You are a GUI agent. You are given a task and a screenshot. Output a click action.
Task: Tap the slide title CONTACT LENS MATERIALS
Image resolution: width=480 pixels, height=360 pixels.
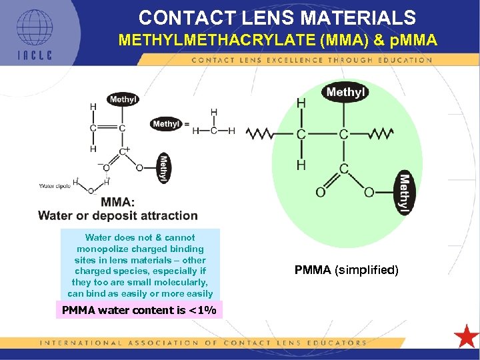tap(277, 17)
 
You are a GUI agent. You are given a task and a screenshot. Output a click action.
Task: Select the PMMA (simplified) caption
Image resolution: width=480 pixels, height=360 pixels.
tap(346, 270)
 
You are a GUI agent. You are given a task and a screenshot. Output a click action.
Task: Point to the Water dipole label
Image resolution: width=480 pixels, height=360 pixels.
tap(55, 186)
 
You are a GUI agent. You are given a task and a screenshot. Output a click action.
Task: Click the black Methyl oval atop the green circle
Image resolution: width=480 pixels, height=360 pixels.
tap(345, 92)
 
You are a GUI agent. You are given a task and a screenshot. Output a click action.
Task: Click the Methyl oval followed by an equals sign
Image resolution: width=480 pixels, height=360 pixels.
tap(166, 124)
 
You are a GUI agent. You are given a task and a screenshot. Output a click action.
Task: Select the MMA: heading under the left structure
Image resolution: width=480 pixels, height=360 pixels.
tap(118, 202)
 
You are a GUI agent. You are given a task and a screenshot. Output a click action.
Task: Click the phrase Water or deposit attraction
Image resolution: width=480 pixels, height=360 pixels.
tap(118, 215)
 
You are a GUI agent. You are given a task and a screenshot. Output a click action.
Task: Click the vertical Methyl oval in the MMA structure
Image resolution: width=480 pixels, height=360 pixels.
tap(163, 169)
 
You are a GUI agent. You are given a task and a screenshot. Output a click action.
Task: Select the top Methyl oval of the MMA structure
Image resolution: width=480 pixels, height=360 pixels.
tap(123, 99)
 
